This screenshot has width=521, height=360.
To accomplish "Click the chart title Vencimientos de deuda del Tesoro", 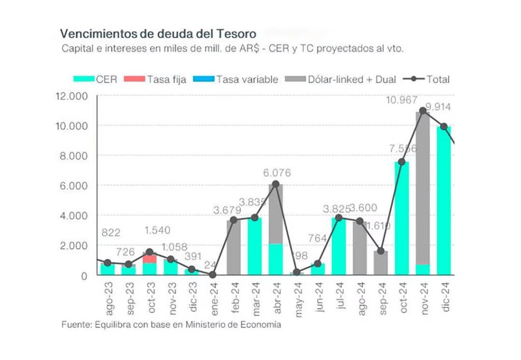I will (158, 34).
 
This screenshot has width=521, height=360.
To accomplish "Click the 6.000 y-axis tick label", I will (74, 186).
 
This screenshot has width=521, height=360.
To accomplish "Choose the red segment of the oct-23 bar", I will (150, 258).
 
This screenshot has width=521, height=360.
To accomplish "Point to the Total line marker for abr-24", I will (275, 184).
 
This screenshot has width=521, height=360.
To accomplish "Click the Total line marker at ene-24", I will (212, 275).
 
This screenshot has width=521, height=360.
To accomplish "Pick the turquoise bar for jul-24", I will (338, 247).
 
